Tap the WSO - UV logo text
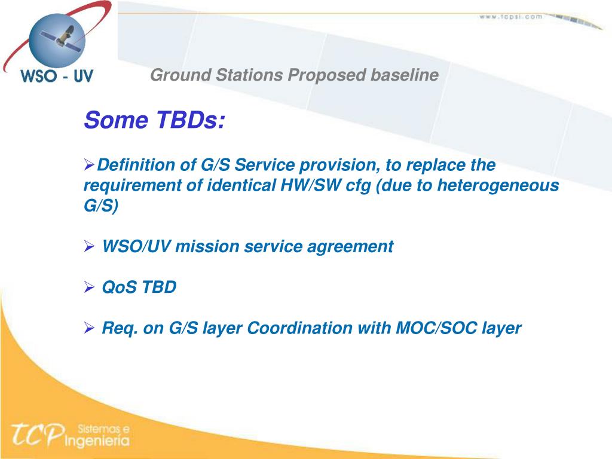57,75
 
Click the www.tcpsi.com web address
511,17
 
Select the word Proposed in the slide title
327,75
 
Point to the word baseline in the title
405,75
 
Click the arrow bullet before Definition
90,165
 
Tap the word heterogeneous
498,186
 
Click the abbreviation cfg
358,186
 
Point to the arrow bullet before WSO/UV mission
90,247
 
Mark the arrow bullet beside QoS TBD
90,287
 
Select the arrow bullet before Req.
90,328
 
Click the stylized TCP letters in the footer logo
38,434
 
